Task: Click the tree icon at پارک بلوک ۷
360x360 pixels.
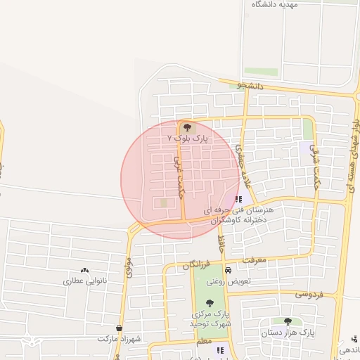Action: [187, 128]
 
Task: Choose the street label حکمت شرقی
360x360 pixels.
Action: [316, 162]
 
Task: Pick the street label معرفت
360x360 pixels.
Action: [255, 259]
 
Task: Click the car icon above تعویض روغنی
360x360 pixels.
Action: [227, 271]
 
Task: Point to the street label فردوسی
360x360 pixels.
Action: [309, 293]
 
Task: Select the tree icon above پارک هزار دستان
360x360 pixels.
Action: [288, 321]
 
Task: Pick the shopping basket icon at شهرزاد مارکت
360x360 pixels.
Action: [119, 328]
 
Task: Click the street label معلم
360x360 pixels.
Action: [204, 340]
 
